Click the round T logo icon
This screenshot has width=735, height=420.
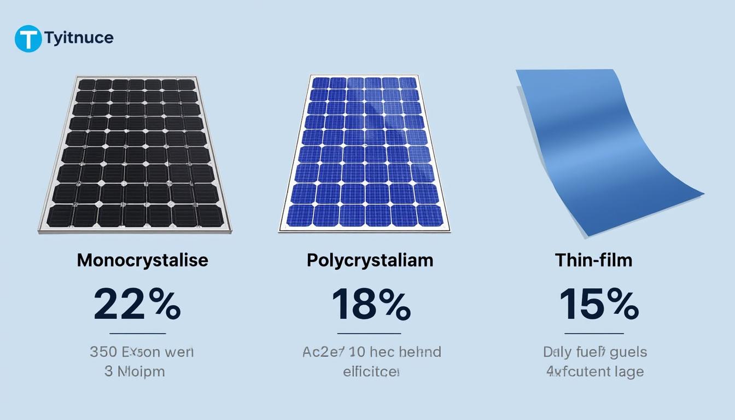click(x=28, y=39)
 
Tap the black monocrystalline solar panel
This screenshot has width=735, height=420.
click(x=136, y=153)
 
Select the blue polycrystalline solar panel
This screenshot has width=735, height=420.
click(x=365, y=153)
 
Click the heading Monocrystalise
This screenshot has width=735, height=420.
click(x=142, y=260)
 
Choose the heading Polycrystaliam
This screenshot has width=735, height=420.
click(x=370, y=260)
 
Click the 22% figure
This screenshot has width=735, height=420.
click(x=137, y=305)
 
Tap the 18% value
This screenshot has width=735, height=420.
click(x=371, y=305)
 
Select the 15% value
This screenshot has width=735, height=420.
click(x=598, y=305)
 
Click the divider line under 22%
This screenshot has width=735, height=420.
click(x=138, y=333)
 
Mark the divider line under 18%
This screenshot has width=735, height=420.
click(x=369, y=333)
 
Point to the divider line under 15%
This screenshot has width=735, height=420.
click(x=594, y=333)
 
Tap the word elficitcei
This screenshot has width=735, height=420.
click(x=371, y=372)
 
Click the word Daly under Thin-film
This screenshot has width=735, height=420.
click(x=557, y=352)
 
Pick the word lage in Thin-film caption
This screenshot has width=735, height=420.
click(x=628, y=372)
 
